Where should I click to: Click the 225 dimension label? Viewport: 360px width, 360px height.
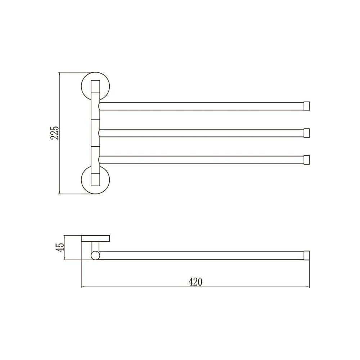tap(55, 133)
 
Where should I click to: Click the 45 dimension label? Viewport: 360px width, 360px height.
tap(60, 248)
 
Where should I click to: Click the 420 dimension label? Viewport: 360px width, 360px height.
tap(195, 282)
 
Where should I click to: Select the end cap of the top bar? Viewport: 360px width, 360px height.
tap(306, 106)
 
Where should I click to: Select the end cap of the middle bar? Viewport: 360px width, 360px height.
tap(306, 133)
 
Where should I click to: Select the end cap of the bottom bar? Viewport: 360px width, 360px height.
tap(306, 160)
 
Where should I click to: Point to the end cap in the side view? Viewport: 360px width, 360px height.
tap(306, 256)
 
